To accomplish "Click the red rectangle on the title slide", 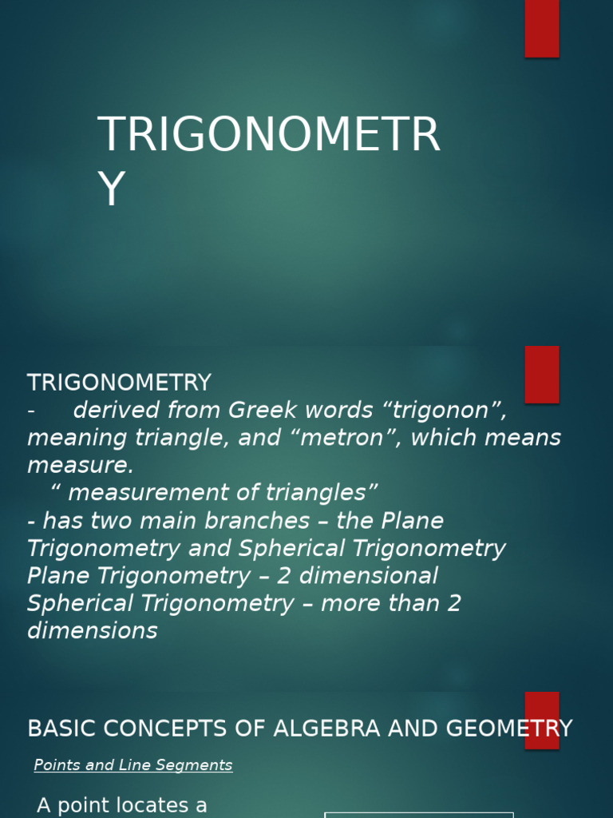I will point(541,28).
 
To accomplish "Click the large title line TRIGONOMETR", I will point(268,134).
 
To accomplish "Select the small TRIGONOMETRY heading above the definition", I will point(119,383).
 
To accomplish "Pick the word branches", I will point(257,521).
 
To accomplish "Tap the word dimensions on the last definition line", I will point(93,631).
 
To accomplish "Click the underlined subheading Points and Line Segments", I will point(133,765).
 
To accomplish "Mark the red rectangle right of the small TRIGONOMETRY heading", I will point(542,374).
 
